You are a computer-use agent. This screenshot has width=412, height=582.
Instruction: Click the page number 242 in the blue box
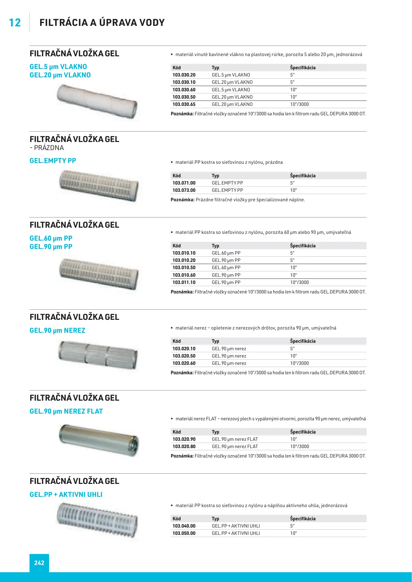[x=39, y=563]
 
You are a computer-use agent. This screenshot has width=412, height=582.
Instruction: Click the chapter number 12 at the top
[x=15, y=23]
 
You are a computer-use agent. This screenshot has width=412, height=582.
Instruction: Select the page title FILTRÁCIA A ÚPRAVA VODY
[x=102, y=23]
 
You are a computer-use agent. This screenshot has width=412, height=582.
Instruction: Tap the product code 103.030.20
[x=184, y=75]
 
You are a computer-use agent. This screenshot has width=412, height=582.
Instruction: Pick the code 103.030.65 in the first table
[x=184, y=104]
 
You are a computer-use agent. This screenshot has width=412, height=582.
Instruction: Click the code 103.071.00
[x=184, y=183]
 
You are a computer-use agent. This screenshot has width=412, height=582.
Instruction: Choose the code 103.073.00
[x=184, y=190]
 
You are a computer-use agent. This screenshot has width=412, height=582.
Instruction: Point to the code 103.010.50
[x=184, y=268]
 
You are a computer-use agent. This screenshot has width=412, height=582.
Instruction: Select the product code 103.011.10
[x=184, y=282]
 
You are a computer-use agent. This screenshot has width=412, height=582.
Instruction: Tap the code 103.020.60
[x=184, y=363]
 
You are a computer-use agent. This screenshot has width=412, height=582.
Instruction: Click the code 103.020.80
[x=184, y=446]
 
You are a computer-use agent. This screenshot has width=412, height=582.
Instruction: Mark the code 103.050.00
[x=184, y=533]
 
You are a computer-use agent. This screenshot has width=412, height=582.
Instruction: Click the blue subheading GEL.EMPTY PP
[x=53, y=161]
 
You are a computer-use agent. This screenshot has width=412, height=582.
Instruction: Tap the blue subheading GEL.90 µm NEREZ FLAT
[x=66, y=411]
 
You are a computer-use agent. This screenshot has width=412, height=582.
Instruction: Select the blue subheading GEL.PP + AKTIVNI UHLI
[x=66, y=495]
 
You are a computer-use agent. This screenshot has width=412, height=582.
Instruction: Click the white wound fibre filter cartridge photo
[x=97, y=101]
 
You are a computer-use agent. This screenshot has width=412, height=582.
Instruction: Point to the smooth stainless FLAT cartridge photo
[x=99, y=440]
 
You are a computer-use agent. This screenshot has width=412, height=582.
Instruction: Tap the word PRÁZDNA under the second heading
[x=49, y=148]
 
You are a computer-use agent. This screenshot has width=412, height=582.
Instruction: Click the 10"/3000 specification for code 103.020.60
[x=299, y=363]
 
